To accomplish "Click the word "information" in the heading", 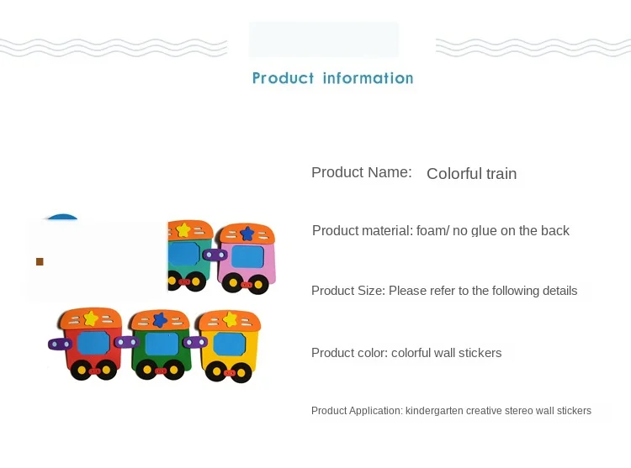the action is (x=368, y=78).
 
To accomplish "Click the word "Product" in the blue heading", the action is (x=283, y=78).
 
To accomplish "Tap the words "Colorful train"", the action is (x=472, y=174).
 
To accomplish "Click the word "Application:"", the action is (x=376, y=411).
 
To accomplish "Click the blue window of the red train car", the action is (x=93, y=343).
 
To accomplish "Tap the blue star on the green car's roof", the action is (x=160, y=320).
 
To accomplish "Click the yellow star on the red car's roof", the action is (x=91, y=318).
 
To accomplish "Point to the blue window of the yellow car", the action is (x=229, y=344).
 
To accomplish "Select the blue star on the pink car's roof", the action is (x=247, y=233).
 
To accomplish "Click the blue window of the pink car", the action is (x=248, y=256).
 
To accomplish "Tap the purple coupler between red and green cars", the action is (x=127, y=342).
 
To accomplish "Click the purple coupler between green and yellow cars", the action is (x=195, y=342).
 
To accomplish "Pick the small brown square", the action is (x=40, y=262).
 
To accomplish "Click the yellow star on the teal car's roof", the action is (x=183, y=229).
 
